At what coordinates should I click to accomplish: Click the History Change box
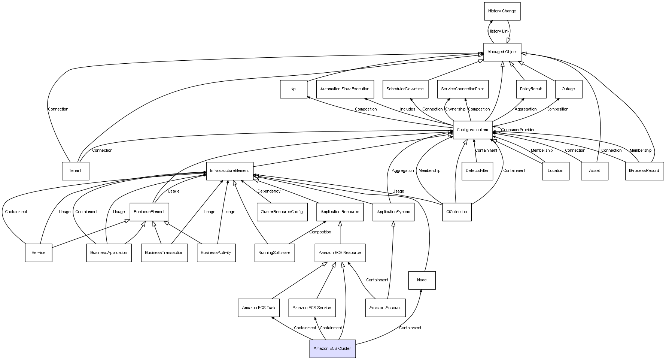(502, 11)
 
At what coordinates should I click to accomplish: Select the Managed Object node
(502, 52)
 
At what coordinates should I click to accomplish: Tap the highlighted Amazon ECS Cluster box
(332, 349)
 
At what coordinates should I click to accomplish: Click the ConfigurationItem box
(472, 130)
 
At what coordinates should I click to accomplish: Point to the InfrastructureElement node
(229, 171)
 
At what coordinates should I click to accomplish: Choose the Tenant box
(75, 171)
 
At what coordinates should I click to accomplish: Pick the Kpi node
(294, 89)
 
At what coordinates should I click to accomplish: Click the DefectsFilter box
(477, 171)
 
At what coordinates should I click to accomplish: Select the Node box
(422, 280)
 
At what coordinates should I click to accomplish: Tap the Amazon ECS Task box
(259, 308)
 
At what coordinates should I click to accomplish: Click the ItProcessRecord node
(644, 171)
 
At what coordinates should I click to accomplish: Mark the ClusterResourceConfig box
(282, 212)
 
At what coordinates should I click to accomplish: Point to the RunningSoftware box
(274, 253)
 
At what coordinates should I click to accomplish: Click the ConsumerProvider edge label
(518, 130)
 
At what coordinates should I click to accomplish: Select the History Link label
(499, 31)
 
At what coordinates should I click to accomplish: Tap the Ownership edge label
(455, 109)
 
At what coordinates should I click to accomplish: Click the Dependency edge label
(269, 191)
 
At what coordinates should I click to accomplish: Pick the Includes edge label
(408, 109)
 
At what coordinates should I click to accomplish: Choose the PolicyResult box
(531, 89)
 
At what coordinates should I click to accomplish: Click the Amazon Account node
(385, 308)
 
